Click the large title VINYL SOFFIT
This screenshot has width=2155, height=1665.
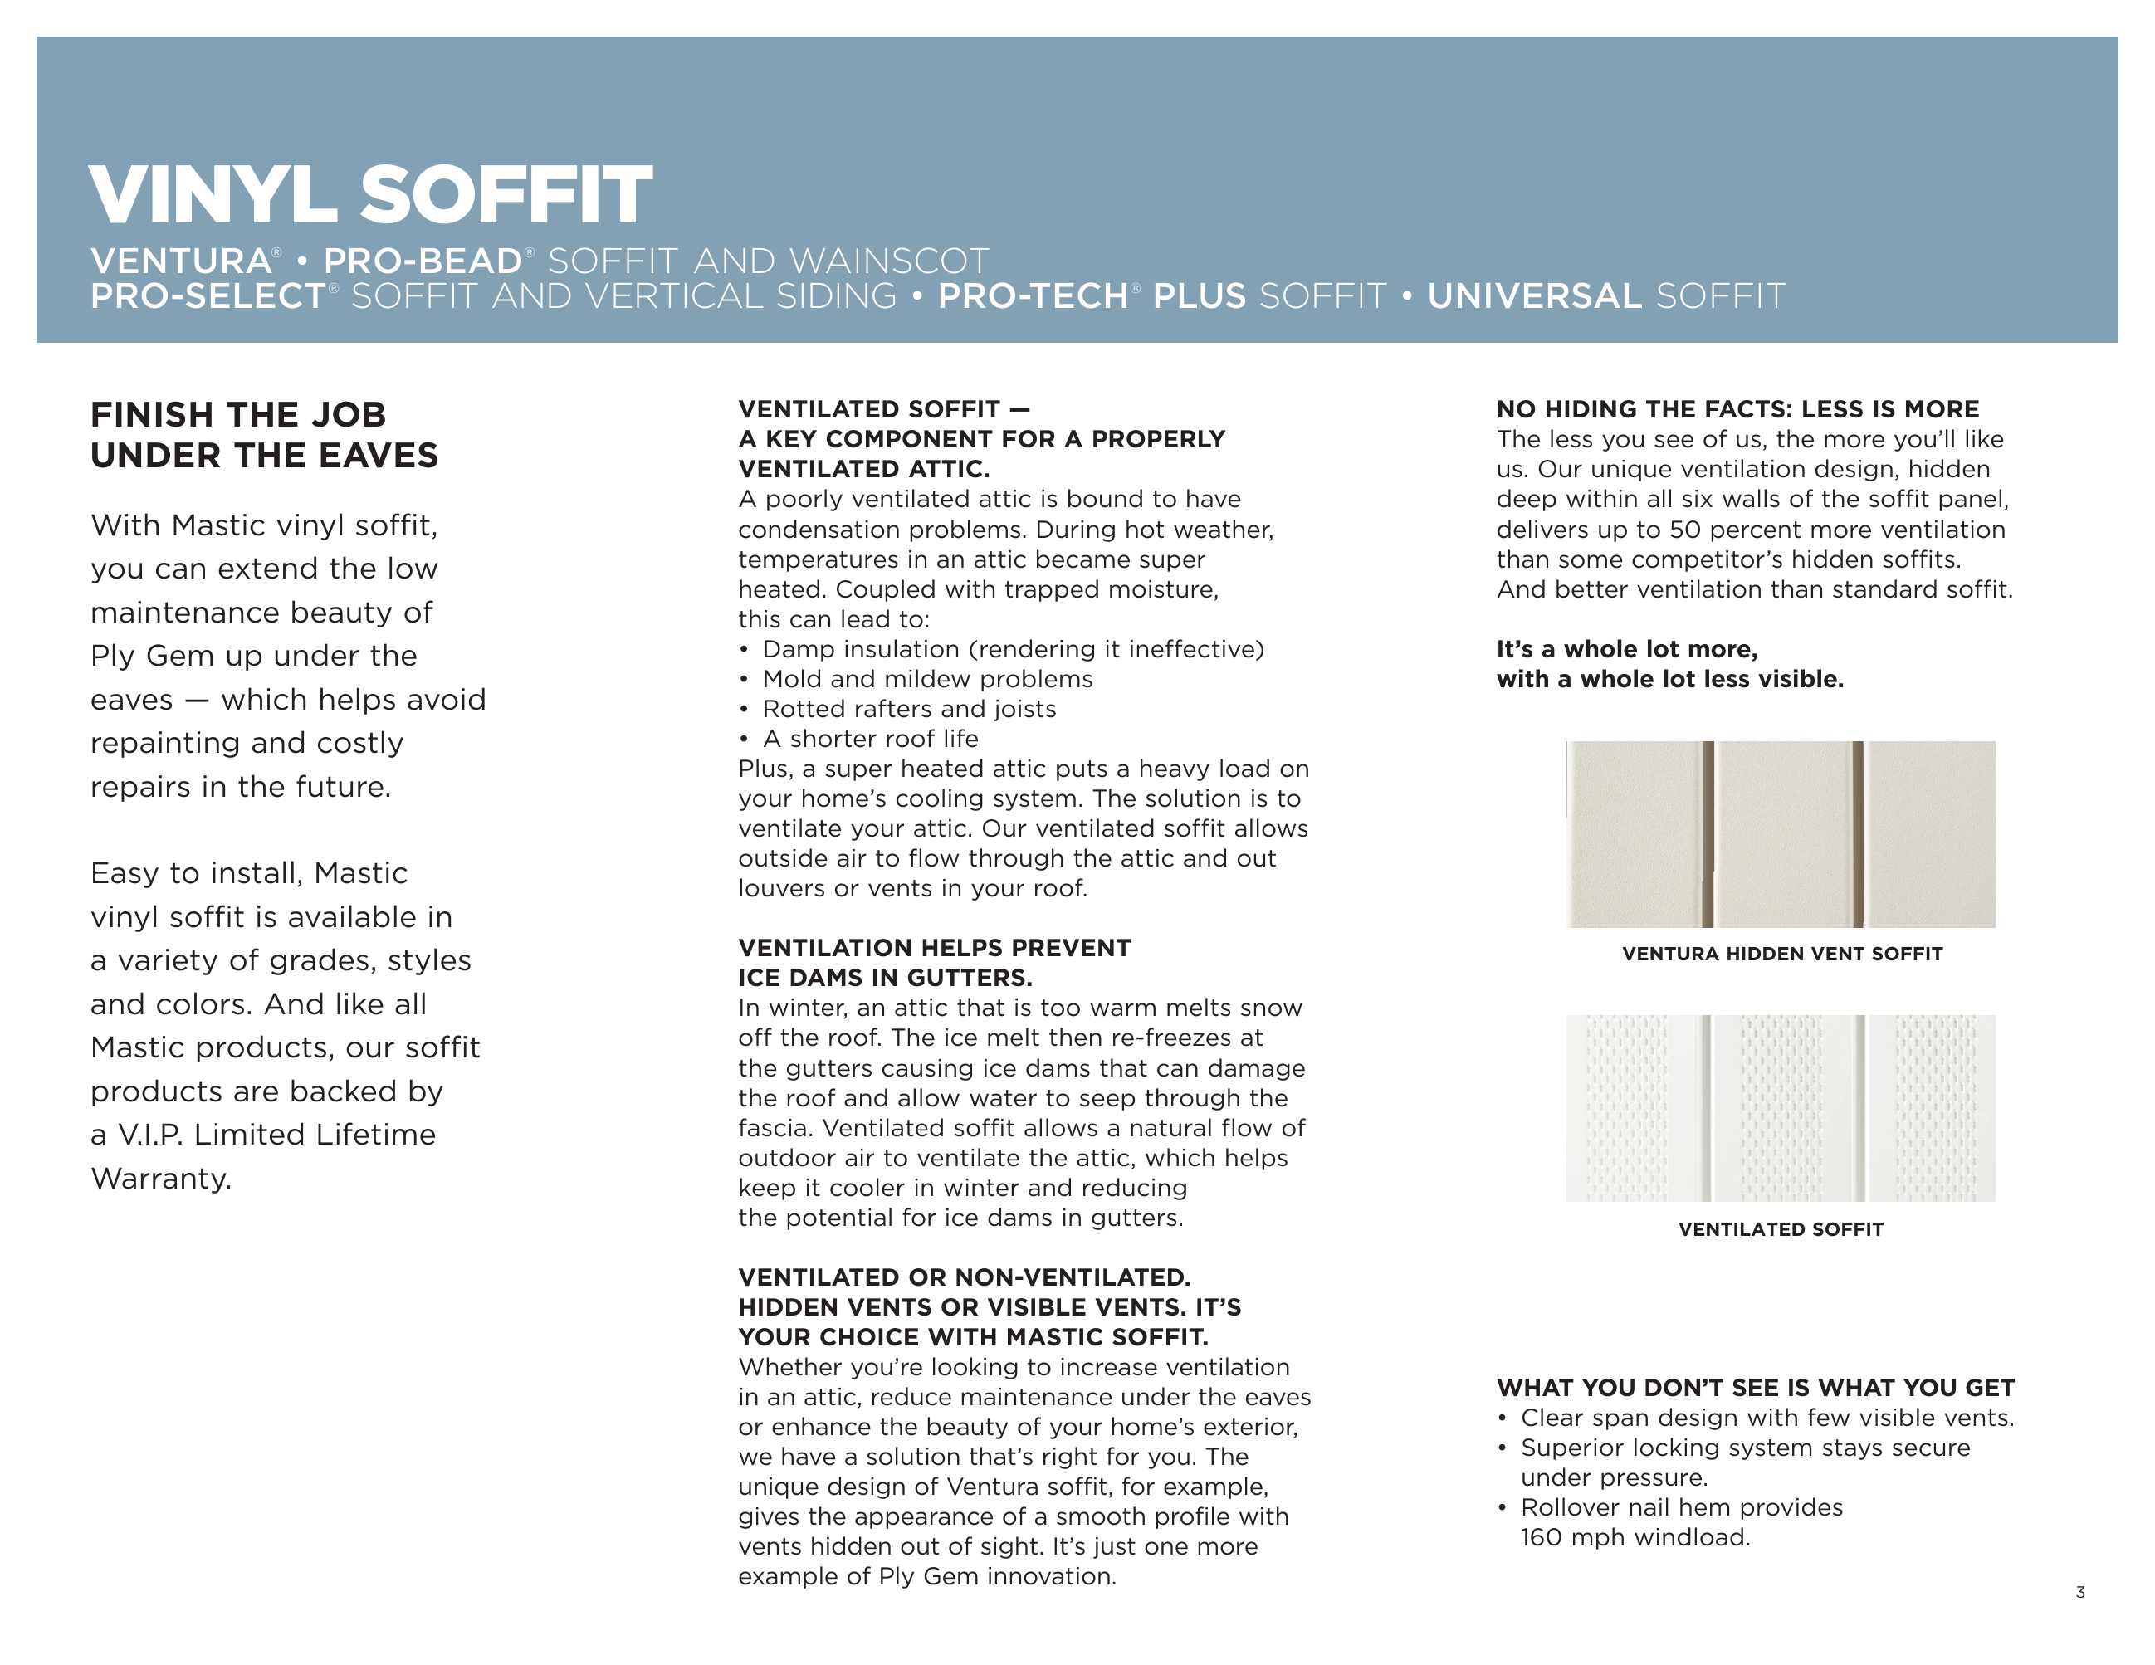(x=370, y=194)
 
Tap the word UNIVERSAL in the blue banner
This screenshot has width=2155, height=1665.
(x=1533, y=296)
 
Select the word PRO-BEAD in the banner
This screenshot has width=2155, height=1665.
(x=423, y=261)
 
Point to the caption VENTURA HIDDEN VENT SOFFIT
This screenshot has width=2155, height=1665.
(x=1782, y=954)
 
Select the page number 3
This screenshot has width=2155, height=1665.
(x=2080, y=1592)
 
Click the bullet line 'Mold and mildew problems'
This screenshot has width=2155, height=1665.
(x=926, y=679)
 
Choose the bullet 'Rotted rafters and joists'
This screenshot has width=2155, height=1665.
(x=909, y=708)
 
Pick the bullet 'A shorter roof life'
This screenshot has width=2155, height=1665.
(x=869, y=739)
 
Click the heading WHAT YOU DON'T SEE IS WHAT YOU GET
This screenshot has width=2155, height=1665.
(x=1754, y=1388)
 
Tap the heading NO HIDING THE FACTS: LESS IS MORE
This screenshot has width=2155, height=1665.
(x=1737, y=409)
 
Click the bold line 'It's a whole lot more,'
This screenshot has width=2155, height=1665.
(x=1626, y=649)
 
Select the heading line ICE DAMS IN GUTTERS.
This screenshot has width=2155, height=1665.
(x=885, y=978)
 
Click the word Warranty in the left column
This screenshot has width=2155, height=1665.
(x=161, y=1178)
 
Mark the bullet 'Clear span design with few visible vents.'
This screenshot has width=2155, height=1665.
(x=1767, y=1418)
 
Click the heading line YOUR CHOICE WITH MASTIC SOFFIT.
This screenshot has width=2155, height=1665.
(x=973, y=1336)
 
